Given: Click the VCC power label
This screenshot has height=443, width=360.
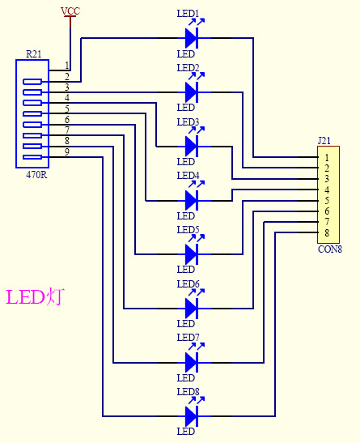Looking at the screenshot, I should click(x=70, y=11).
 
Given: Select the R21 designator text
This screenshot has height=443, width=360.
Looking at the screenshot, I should click(x=34, y=53).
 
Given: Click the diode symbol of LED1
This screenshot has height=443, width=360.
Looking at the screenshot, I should click(x=192, y=37).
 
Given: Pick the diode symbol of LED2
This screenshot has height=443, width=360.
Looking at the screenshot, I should click(x=192, y=92).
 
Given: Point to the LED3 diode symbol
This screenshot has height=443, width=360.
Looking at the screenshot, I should click(x=192, y=146).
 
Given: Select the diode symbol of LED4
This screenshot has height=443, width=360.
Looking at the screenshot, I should click(x=192, y=199).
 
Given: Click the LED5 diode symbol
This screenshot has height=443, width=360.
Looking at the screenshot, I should click(x=192, y=253).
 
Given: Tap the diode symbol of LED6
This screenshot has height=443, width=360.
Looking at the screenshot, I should click(x=192, y=308).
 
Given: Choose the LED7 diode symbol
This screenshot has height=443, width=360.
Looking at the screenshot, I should click(x=192, y=361).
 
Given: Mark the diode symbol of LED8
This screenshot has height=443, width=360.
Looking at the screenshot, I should click(x=192, y=416).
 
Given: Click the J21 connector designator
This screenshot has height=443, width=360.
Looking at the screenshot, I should click(x=324, y=140).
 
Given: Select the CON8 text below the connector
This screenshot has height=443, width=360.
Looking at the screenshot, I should click(x=329, y=249).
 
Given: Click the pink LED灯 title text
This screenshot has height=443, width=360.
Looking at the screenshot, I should click(x=35, y=296).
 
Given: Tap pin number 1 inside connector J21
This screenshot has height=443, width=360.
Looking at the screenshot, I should click(x=326, y=157).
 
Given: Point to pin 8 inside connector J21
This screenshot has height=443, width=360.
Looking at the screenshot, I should click(x=326, y=233).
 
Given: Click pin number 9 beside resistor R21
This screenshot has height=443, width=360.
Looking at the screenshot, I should click(x=67, y=151).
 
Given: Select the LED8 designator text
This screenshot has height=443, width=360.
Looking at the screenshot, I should click(x=188, y=392).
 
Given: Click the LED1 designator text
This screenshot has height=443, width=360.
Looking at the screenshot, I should click(x=188, y=14).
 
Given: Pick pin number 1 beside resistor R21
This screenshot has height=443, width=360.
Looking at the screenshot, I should click(x=67, y=65).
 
